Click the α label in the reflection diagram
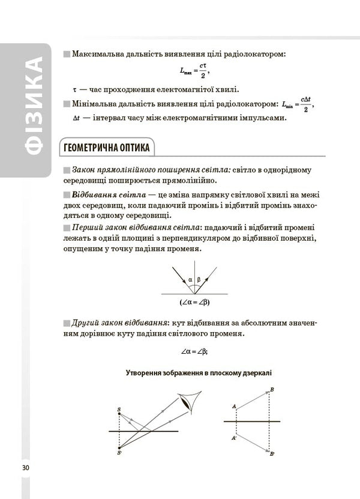pos(190,279)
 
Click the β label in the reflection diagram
pos(199,279)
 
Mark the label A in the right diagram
pos(233,407)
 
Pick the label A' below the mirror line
pos(233,438)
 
